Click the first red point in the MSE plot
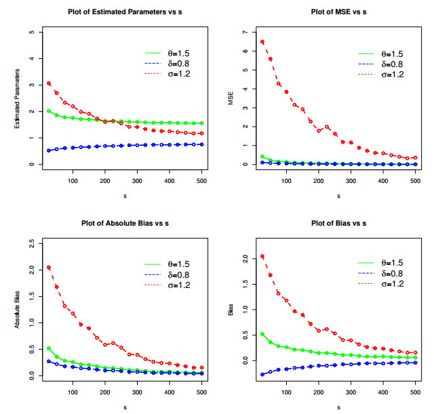[262, 42]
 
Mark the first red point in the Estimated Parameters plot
[48, 83]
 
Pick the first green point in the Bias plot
[262, 334]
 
